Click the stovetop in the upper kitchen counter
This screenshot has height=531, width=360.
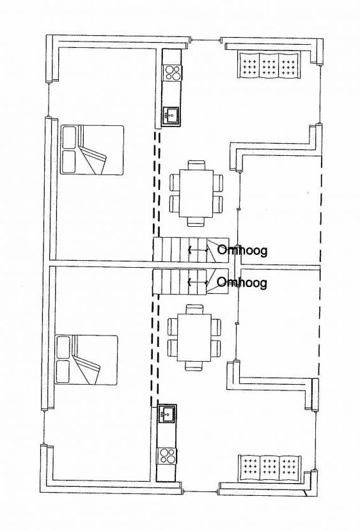tap(172, 73)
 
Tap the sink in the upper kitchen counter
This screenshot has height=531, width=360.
tap(171, 116)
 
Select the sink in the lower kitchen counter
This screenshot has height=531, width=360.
tap(167, 413)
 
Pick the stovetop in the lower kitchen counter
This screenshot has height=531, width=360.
tap(167, 456)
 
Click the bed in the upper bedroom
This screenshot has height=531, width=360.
tap(92, 150)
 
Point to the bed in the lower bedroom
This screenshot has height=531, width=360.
tap(86, 360)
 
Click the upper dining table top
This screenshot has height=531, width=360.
tap(196, 193)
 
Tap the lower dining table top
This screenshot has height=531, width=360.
tap(194, 337)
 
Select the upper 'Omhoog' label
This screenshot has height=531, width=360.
tap(242, 250)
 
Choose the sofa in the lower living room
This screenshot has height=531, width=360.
tap(270, 468)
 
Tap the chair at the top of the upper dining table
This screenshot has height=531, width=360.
tap(196, 165)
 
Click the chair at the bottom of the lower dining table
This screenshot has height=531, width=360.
tap(194, 366)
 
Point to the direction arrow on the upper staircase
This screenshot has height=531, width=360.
tap(198, 250)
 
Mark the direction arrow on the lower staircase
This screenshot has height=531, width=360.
tap(198, 281)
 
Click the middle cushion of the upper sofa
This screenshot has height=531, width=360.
tap(269, 65)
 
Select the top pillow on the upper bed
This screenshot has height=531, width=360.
tap(69, 137)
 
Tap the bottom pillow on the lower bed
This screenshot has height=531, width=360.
tap(63, 371)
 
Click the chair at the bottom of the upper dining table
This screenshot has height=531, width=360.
tap(196, 222)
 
